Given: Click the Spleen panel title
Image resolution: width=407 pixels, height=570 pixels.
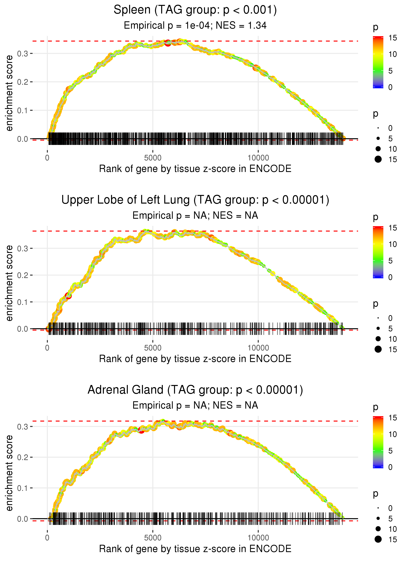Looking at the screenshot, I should tap(195, 10).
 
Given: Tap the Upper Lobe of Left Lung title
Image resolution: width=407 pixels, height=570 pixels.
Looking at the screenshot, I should tap(195, 200).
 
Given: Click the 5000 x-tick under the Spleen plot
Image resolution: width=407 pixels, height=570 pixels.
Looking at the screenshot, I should tap(153, 158).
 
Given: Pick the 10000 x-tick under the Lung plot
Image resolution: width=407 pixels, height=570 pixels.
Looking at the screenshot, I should tap(258, 348).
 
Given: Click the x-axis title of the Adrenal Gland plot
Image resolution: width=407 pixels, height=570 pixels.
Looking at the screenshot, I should tap(195, 549).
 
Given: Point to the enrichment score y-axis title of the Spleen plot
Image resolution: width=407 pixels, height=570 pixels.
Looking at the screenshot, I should tap(9, 93).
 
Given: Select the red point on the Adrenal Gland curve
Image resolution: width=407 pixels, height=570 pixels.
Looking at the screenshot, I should tap(141, 430).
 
